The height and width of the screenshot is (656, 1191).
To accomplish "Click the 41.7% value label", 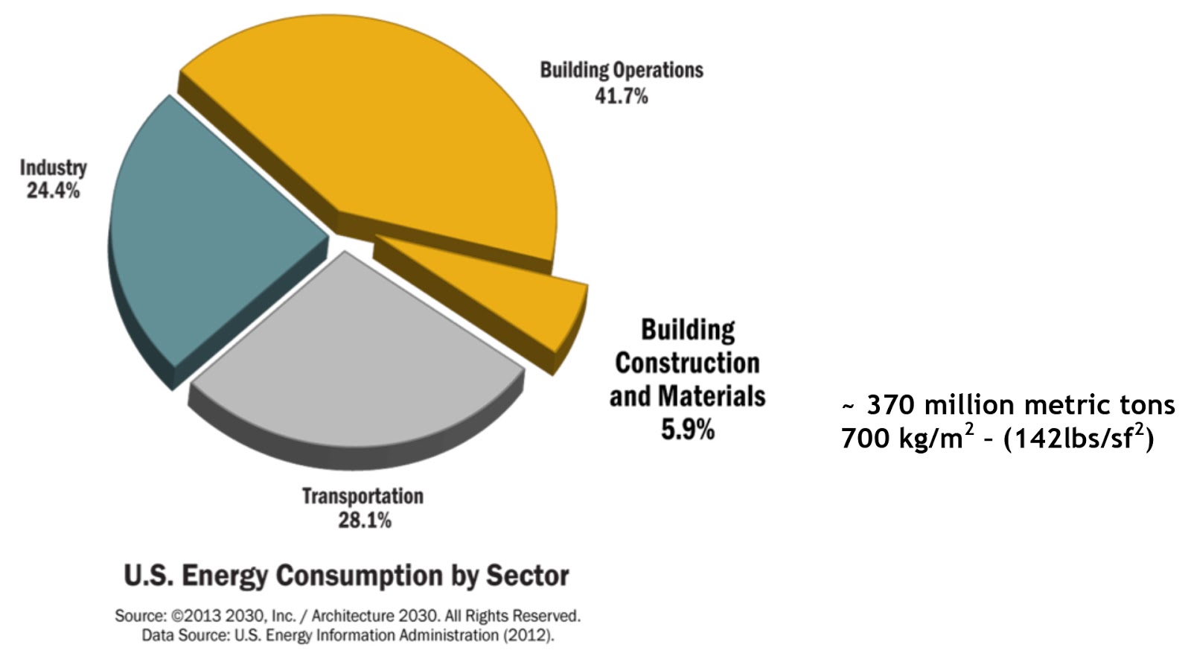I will coord(621,96).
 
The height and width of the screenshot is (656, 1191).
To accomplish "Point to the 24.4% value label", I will coord(53,191).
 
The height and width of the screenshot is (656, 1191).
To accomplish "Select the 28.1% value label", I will coord(364,520).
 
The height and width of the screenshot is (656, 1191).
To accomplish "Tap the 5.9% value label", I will coord(687,430).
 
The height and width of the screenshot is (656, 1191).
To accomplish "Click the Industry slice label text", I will coord(53,168).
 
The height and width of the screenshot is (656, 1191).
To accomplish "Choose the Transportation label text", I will coord(363,496).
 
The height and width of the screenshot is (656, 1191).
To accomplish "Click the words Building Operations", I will coord(622,70).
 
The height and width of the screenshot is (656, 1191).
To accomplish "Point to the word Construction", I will coord(687,363).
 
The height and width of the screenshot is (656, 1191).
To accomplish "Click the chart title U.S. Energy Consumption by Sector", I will coord(346,576).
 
